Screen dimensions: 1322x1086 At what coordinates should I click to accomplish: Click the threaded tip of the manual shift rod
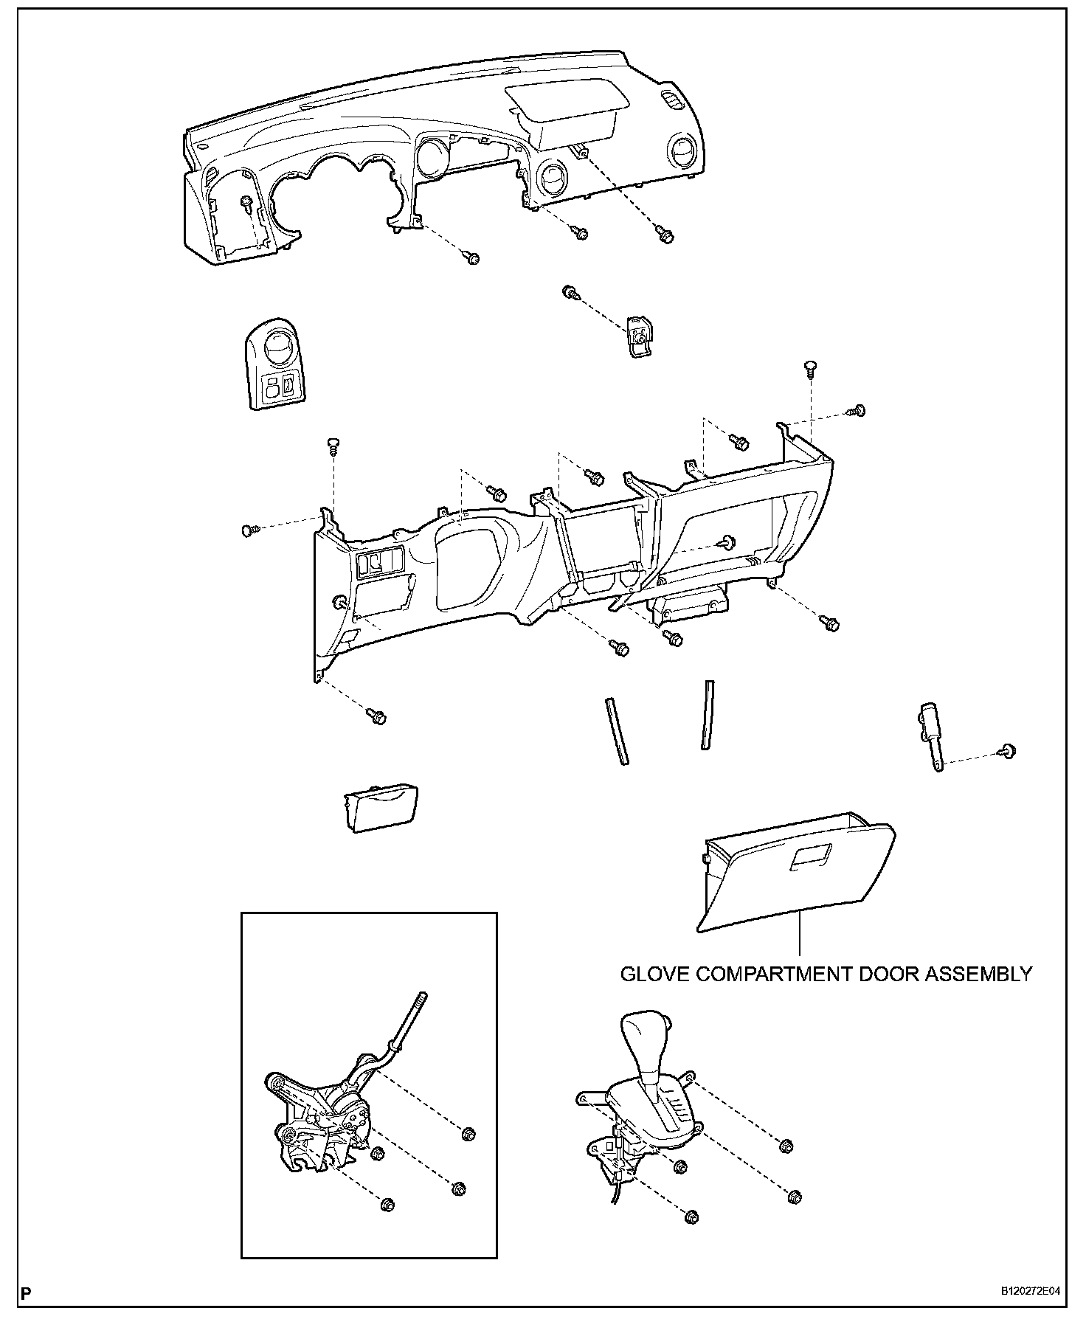tap(422, 999)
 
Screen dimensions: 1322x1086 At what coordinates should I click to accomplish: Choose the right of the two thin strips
tap(708, 715)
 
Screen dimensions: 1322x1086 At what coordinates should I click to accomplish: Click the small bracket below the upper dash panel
tap(639, 336)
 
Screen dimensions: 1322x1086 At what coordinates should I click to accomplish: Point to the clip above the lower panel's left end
tap(333, 444)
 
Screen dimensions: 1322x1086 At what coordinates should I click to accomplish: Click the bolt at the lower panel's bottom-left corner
tap(378, 716)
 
